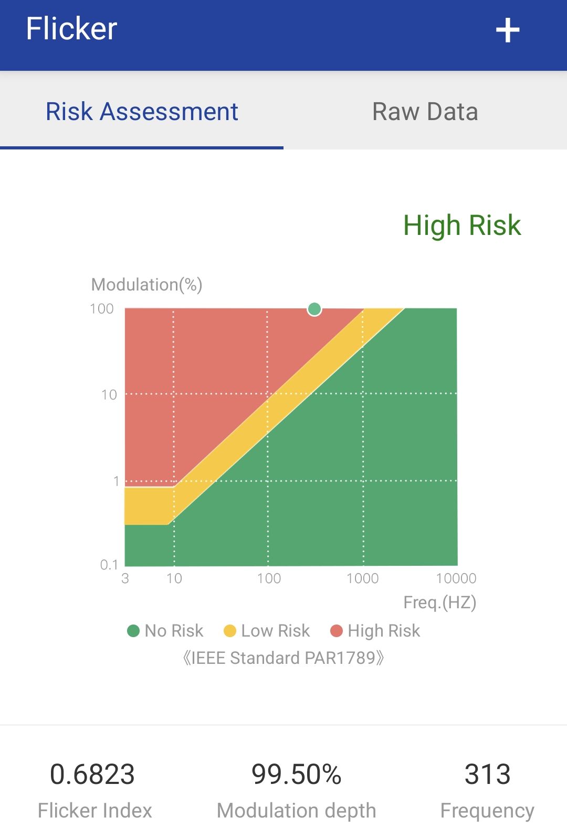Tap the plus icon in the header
click(507, 30)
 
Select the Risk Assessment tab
click(142, 111)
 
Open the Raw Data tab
click(425, 112)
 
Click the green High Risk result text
click(462, 225)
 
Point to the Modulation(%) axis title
click(146, 285)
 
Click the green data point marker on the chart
click(314, 309)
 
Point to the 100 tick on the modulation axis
click(102, 309)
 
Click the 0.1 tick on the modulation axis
click(109, 564)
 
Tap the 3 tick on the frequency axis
click(125, 578)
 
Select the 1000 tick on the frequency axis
click(362, 578)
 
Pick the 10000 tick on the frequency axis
click(456, 578)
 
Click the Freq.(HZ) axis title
click(440, 603)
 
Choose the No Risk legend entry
click(165, 631)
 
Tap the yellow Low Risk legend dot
click(229, 631)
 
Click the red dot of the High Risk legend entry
click(337, 631)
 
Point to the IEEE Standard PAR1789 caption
click(283, 658)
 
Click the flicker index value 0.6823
click(92, 774)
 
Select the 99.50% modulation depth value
click(296, 774)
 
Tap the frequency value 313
click(487, 774)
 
